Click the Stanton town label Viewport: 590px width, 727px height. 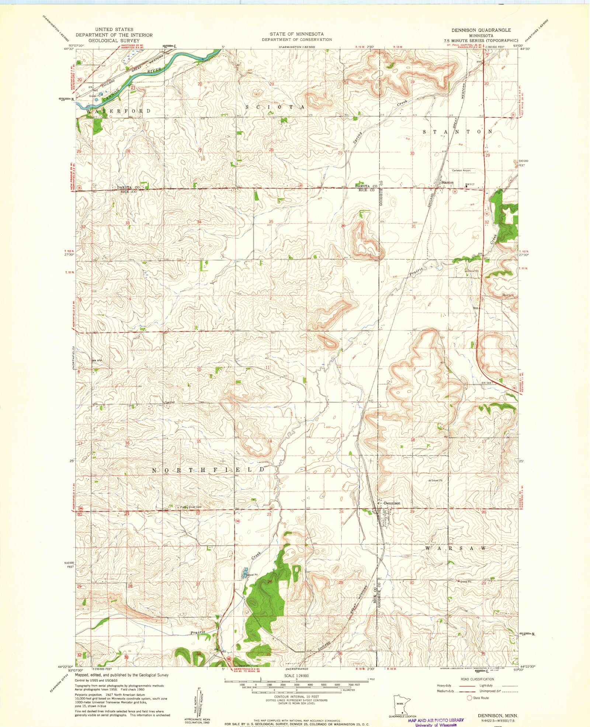coord(447,182)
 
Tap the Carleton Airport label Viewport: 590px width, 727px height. coord(461,170)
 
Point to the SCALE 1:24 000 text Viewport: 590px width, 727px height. coord(296,676)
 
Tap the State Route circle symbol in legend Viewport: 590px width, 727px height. coord(469,698)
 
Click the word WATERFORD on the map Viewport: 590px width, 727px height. coord(118,111)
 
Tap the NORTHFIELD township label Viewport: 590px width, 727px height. coord(209,470)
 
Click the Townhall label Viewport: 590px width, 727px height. coord(169,402)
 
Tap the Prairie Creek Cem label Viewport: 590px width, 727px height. coord(190,507)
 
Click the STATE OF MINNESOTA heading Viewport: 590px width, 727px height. coord(296,34)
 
